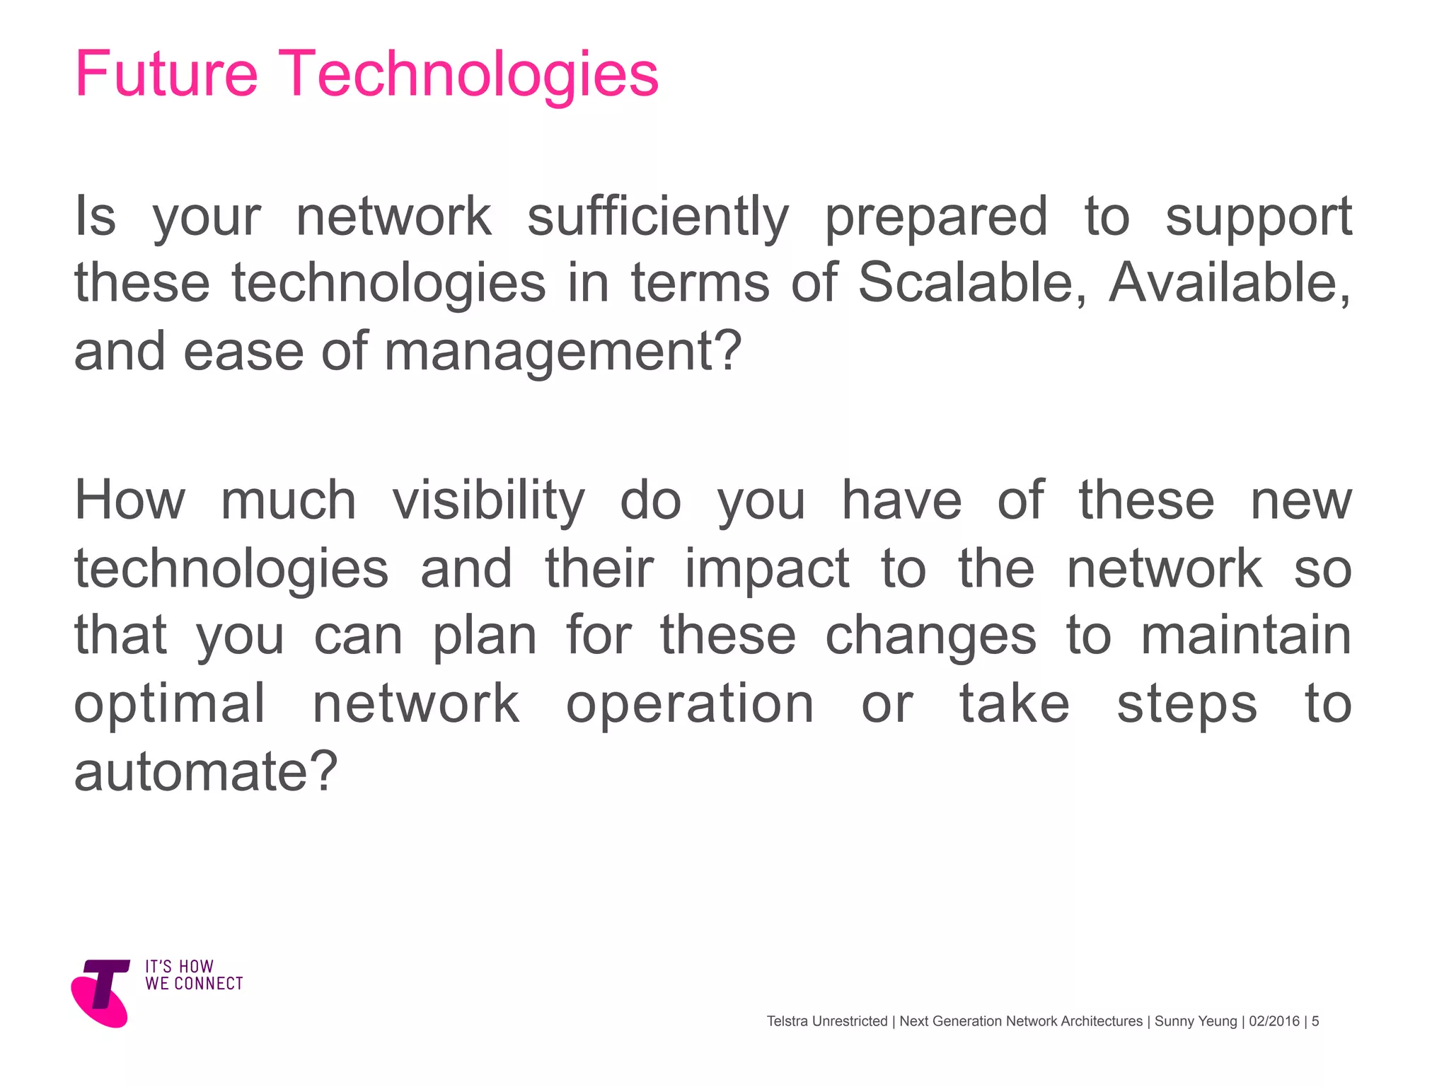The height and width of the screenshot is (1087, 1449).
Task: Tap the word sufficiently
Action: [x=657, y=217]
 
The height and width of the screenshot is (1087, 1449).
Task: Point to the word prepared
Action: [x=936, y=218]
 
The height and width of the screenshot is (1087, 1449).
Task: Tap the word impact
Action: [x=767, y=570]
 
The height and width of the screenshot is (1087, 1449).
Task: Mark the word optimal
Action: [x=170, y=704]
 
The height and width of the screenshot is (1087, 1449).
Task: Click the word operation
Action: [x=690, y=704]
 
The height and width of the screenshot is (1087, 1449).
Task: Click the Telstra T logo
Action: [x=101, y=992]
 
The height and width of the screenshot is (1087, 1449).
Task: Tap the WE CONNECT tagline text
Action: [x=194, y=984]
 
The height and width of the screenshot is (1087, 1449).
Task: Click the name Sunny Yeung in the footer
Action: [x=1196, y=1021]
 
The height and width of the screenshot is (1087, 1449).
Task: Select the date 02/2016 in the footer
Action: [x=1274, y=1021]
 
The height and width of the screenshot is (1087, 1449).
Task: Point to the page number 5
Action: [x=1315, y=1021]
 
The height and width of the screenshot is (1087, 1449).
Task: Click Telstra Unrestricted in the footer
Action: [x=826, y=1021]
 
